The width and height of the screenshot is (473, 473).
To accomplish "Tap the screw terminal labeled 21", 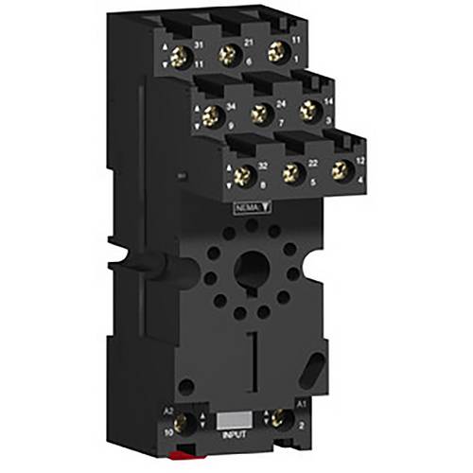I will click(x=228, y=56).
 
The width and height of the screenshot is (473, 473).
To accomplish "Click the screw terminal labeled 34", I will click(x=212, y=118).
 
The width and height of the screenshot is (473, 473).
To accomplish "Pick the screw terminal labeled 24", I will click(x=258, y=115).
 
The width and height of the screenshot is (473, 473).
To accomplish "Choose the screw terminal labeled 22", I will click(x=292, y=172).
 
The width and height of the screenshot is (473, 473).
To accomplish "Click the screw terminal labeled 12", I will click(x=339, y=170).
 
